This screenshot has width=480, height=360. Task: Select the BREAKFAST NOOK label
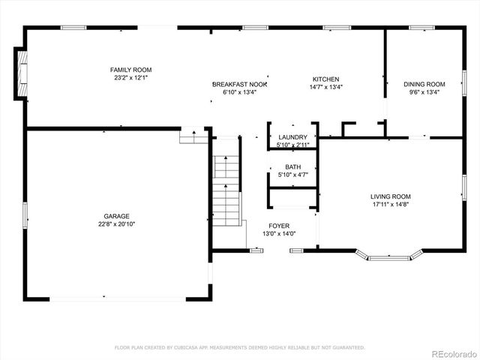(239, 85)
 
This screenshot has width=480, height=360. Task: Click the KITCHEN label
(326, 79)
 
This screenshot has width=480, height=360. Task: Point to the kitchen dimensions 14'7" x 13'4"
(326, 87)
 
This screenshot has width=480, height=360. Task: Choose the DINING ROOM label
(424, 85)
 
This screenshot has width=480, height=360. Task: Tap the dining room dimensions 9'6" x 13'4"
(424, 92)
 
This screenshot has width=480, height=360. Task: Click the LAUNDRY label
(292, 137)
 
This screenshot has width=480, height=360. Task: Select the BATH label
(292, 167)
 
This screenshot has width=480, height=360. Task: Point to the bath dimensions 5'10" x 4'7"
(292, 175)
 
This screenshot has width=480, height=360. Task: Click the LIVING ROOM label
(391, 196)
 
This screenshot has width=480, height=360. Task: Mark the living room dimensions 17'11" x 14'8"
(391, 204)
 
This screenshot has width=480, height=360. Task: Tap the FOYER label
(279, 226)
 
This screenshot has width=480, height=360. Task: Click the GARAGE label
(116, 215)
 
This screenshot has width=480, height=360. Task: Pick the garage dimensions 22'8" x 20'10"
(116, 223)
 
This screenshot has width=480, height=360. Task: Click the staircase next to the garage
(226, 187)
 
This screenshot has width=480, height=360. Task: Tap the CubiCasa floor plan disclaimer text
(239, 347)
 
